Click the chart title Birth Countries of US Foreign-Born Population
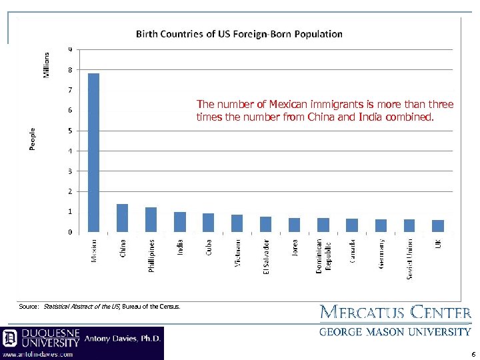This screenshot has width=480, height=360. pyautogui.click(x=239, y=33)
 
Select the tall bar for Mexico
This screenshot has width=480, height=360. pyautogui.click(x=93, y=153)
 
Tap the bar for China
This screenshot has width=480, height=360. pyautogui.click(x=122, y=218)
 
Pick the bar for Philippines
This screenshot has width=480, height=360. pyautogui.click(x=151, y=220)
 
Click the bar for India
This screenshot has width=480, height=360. pyautogui.click(x=179, y=222)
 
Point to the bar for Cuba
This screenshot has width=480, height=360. pyautogui.click(x=208, y=223)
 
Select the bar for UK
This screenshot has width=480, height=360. pyautogui.click(x=437, y=226)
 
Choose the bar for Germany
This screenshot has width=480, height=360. pyautogui.click(x=380, y=226)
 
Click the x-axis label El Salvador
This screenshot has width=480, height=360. pyautogui.click(x=265, y=256)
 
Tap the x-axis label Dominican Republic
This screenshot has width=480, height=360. pyautogui.click(x=323, y=256)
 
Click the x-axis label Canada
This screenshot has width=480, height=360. pyautogui.click(x=352, y=251)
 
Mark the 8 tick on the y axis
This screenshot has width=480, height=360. pyautogui.click(x=70, y=69)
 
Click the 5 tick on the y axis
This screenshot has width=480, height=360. pyautogui.click(x=70, y=131)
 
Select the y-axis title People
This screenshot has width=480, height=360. pyautogui.click(x=33, y=139)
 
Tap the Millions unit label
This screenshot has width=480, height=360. pyautogui.click(x=47, y=65)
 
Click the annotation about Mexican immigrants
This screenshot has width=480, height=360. pyautogui.click(x=325, y=111)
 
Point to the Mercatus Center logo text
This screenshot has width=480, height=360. pyautogui.click(x=395, y=312)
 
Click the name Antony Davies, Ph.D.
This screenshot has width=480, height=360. pyautogui.click(x=122, y=339)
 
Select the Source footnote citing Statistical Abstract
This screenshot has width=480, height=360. pyautogui.click(x=100, y=307)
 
